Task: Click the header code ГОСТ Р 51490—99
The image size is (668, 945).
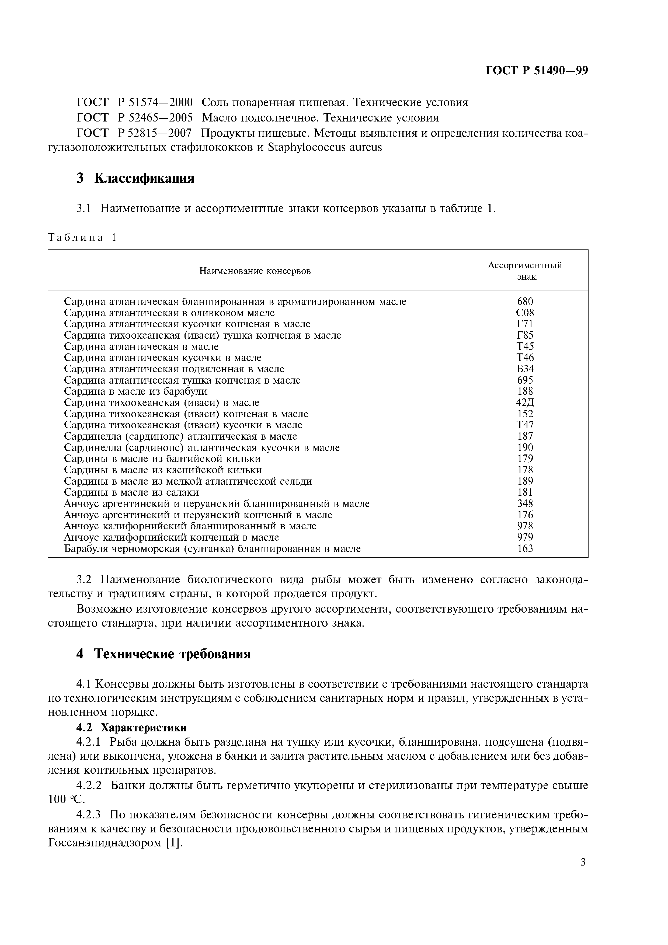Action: point(537,71)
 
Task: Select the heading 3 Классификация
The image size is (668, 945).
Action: point(135,178)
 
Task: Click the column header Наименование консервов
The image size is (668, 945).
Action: point(255,271)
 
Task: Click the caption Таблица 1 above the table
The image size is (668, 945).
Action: point(82,238)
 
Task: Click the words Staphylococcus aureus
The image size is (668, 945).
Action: point(325,147)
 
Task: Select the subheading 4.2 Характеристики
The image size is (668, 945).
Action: point(132,728)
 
